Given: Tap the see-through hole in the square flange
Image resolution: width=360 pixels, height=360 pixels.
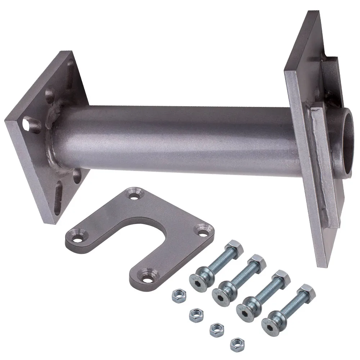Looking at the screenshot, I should coord(27,125).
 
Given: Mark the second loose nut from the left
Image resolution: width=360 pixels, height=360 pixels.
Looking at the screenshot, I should coord(196,314).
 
